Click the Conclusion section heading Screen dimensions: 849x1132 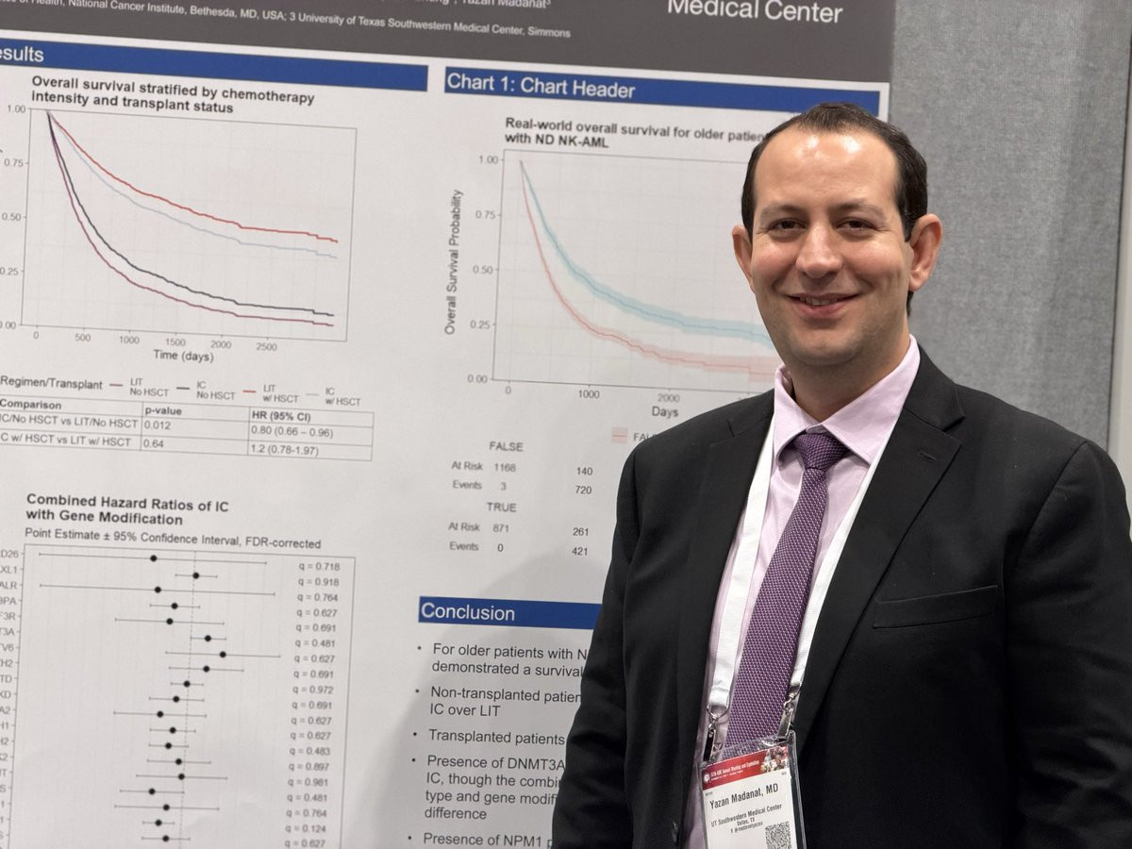click(x=469, y=611)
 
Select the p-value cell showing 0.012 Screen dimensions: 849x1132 click(x=158, y=424)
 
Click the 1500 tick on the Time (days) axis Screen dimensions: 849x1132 click(x=175, y=342)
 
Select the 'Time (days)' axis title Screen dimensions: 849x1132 click(x=183, y=355)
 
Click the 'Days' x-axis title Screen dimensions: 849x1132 click(x=664, y=412)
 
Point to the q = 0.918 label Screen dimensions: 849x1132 click(x=318, y=582)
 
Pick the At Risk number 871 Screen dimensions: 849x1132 click(x=500, y=528)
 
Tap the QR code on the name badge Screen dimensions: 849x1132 click(x=777, y=835)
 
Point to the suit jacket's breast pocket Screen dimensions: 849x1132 click(x=934, y=608)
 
